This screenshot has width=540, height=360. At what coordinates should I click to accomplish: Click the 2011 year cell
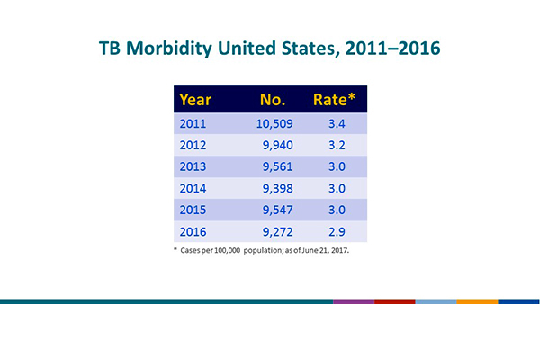(195, 123)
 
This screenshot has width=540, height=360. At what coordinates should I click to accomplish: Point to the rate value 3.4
(336, 123)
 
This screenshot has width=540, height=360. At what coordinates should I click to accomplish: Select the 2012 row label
(195, 145)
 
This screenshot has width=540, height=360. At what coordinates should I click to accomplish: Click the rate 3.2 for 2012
(336, 145)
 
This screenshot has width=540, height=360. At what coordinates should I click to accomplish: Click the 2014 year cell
(195, 189)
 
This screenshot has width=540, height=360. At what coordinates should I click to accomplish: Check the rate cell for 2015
(336, 211)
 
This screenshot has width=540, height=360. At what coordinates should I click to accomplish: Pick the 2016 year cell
(195, 232)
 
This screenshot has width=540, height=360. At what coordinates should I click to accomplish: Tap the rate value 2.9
(336, 232)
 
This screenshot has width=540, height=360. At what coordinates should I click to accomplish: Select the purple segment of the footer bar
(353, 301)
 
